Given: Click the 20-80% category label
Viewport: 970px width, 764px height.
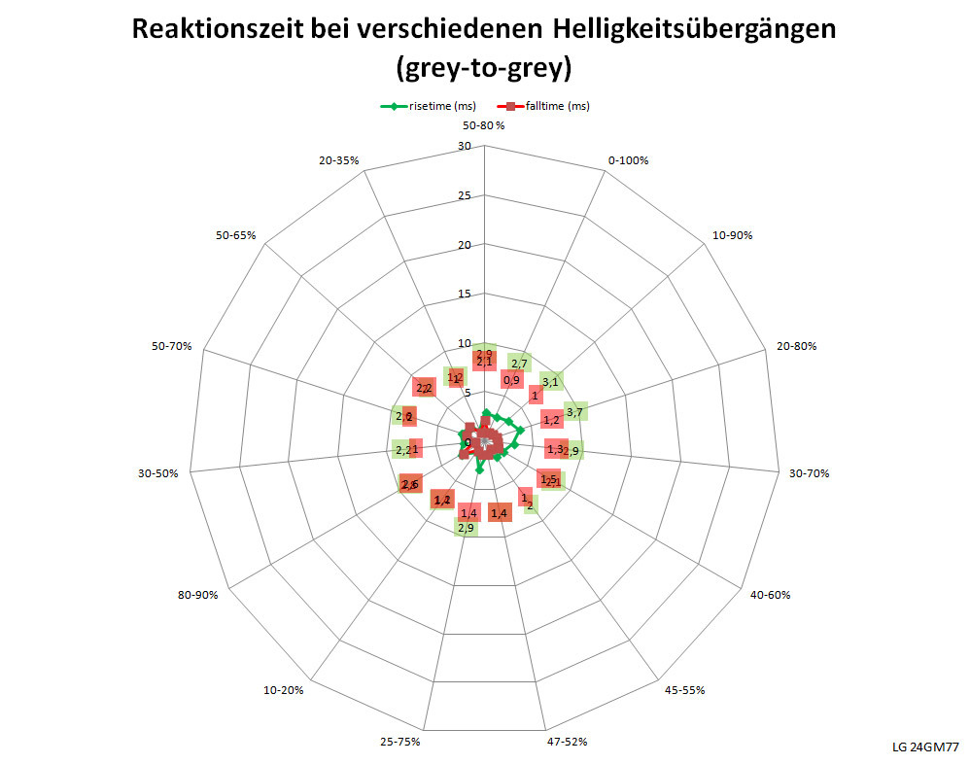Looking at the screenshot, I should pos(796,345).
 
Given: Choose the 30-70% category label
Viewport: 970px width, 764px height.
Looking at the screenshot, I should pos(810,473).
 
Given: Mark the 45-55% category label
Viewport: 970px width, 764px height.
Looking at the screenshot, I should pos(684,690).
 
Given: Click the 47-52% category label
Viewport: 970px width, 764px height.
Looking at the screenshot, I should pos(567,742).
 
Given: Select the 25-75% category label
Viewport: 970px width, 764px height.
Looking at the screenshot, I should pos(400,742).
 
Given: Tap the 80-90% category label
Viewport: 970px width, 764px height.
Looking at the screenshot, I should pos(197,594).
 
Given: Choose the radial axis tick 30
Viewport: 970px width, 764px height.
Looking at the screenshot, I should pos(464,147).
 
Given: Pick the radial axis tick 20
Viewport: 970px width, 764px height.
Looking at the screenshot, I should pos(464,245).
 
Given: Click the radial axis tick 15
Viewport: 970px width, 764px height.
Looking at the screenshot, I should pos(464,295).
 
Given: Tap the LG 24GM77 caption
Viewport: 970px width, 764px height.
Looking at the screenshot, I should pos(925,747).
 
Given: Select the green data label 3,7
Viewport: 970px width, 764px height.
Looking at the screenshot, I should pos(574,412).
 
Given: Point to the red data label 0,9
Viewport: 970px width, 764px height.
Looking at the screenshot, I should pos(511,380).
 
